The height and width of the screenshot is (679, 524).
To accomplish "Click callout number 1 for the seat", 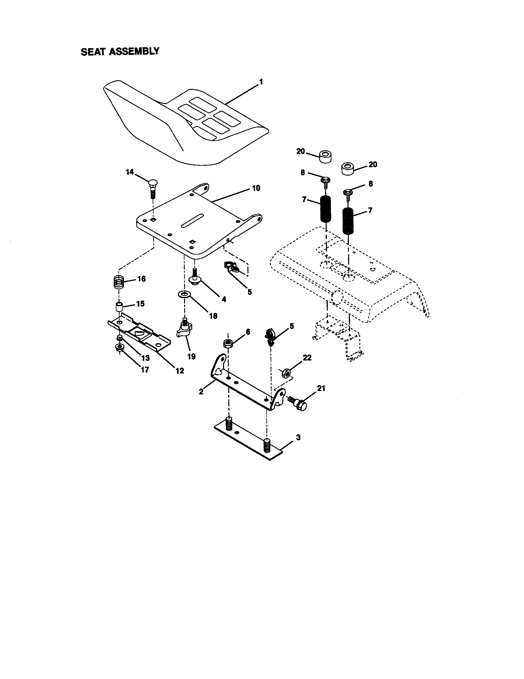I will (261, 82).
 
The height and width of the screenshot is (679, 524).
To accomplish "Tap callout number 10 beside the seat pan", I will (256, 188).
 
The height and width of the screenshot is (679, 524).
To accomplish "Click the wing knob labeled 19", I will (185, 330).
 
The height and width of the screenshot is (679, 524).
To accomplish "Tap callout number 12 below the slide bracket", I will (180, 371).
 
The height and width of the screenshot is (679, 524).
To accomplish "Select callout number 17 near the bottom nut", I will (145, 370).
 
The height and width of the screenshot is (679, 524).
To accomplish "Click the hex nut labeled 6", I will (228, 343).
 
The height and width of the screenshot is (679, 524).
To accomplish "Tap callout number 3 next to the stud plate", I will (298, 437).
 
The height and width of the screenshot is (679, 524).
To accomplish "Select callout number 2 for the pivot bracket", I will (201, 392).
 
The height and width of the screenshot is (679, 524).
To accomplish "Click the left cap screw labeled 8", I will (325, 181).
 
